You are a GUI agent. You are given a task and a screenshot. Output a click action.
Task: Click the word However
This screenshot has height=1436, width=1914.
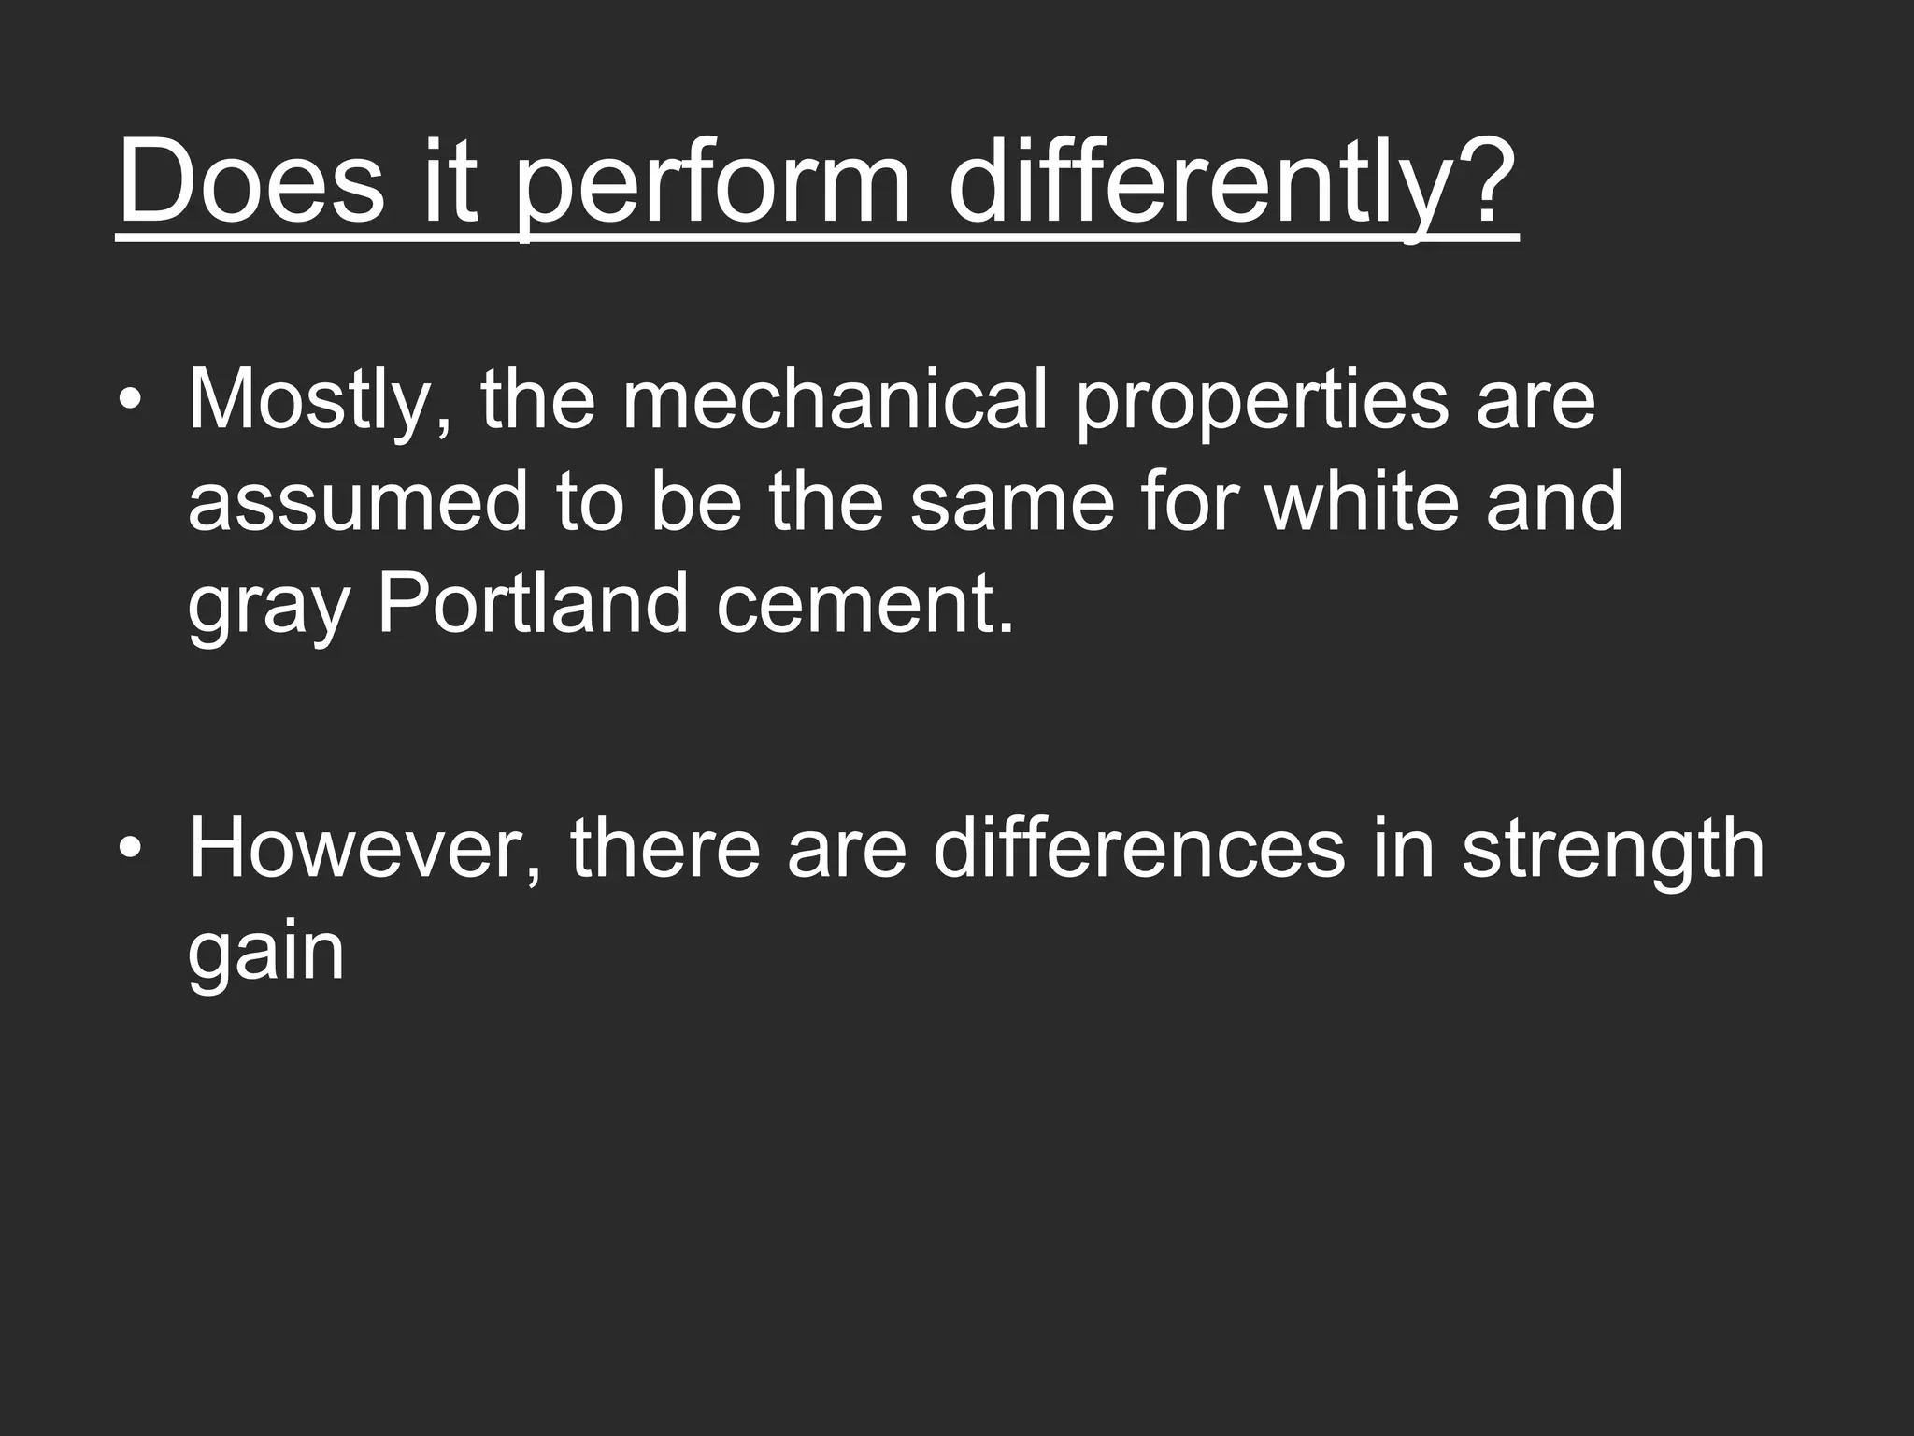[364, 849]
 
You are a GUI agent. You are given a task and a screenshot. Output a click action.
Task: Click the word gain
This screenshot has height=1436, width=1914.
[266, 954]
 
